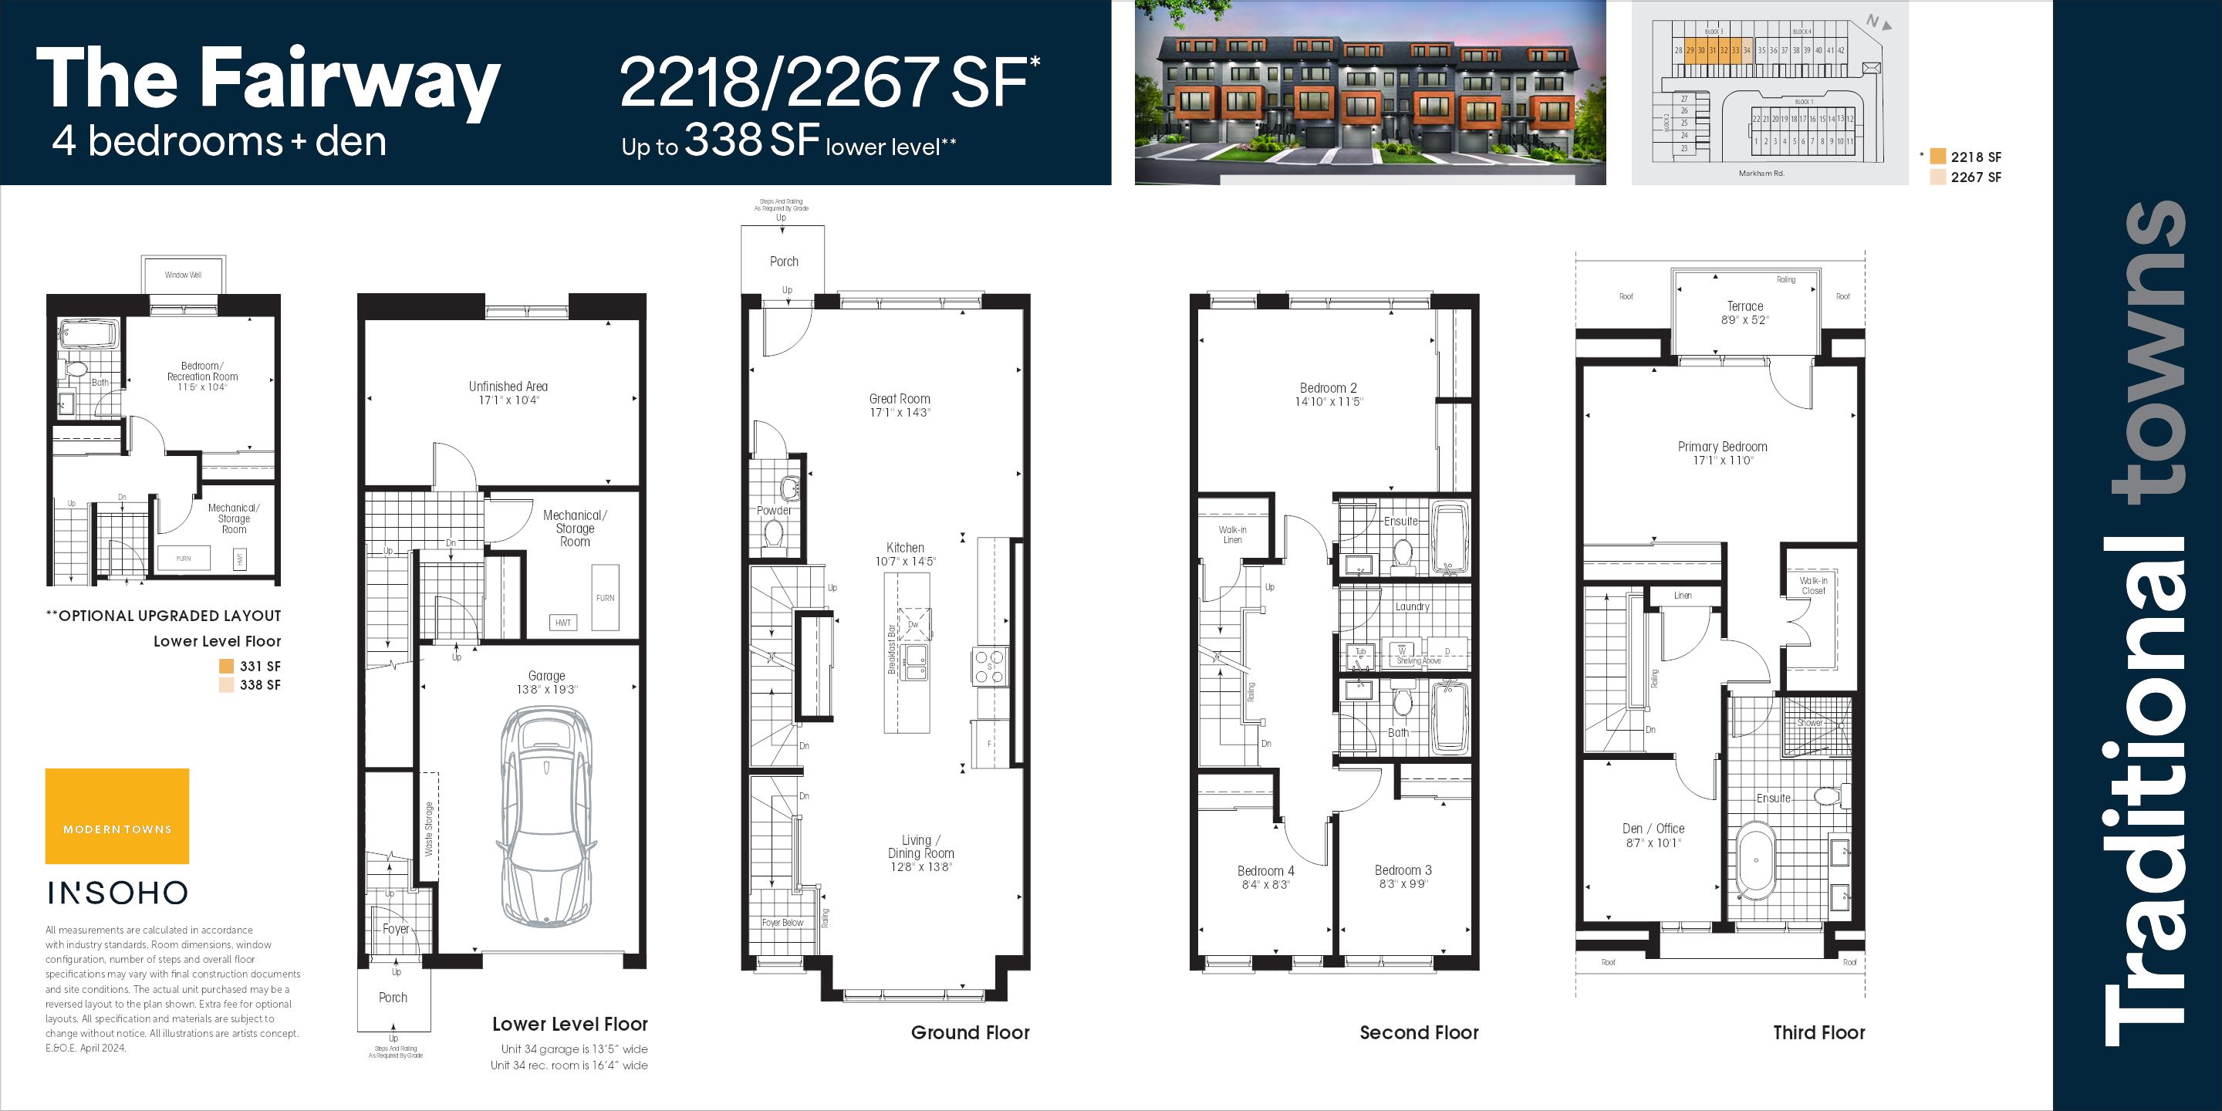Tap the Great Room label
[900, 400]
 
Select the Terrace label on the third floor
[1745, 306]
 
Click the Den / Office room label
[1653, 829]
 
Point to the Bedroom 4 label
[1265, 871]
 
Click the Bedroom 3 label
[1403, 870]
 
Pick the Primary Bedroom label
[1722, 447]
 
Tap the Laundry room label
[1412, 606]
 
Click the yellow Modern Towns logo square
[117, 816]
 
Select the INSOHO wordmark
[117, 893]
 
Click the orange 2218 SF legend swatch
[1938, 157]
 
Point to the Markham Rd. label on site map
[1761, 174]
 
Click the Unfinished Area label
[508, 387]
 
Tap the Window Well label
[183, 275]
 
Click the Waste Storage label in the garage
[429, 829]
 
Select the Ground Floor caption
[970, 1032]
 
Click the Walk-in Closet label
[1813, 586]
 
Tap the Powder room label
[774, 511]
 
